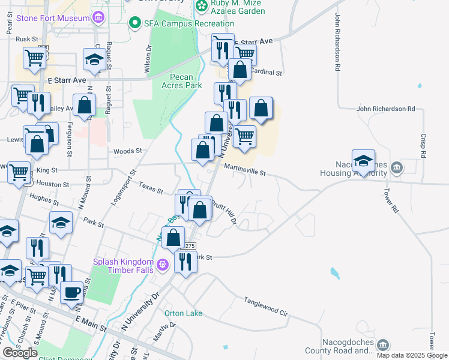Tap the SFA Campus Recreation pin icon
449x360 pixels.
[x=135, y=23]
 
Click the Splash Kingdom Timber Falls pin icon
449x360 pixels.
[x=161, y=265]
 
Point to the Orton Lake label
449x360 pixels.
[x=183, y=313]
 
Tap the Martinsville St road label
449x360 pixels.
[x=245, y=172]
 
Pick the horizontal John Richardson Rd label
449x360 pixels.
[x=385, y=109]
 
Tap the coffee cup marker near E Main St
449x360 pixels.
[x=72, y=292]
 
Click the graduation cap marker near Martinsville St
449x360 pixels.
[x=363, y=160]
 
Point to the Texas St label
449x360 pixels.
[x=151, y=188]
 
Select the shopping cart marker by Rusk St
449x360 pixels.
[x=35, y=58]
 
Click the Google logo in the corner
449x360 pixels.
[x=20, y=353]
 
